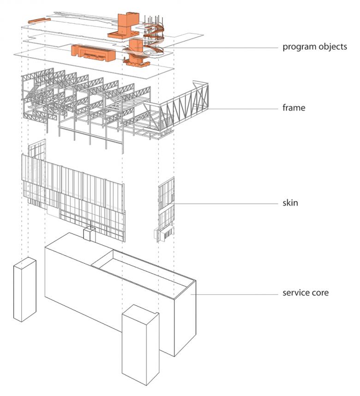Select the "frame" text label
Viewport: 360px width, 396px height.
click(x=294, y=108)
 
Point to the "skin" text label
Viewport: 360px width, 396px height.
click(x=290, y=203)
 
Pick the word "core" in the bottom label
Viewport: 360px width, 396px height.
click(x=320, y=293)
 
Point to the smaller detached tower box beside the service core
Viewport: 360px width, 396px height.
click(x=25, y=289)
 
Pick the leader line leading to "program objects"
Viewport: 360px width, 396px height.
click(x=222, y=48)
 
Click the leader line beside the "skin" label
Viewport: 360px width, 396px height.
click(x=226, y=203)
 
